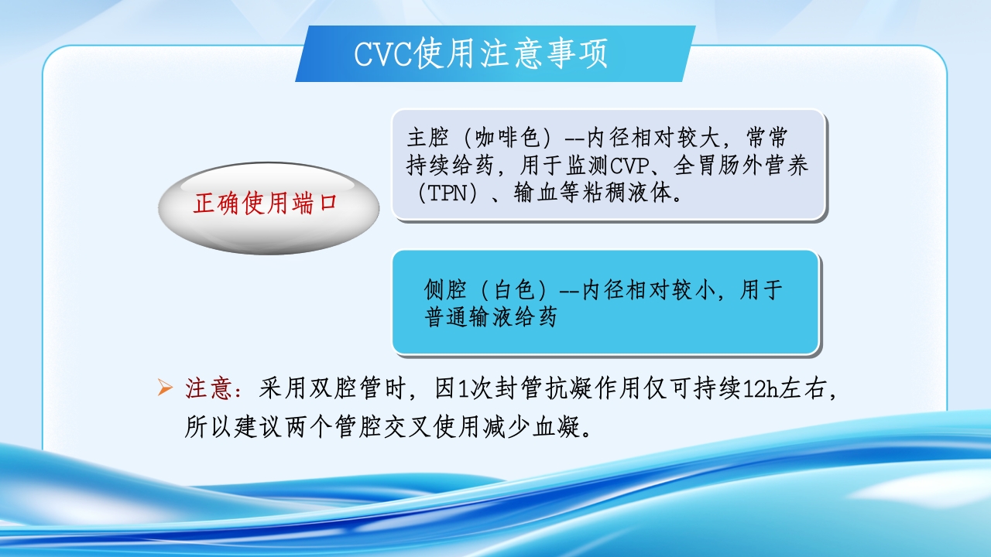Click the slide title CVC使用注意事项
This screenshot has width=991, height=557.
(481, 54)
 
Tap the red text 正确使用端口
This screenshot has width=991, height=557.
(266, 204)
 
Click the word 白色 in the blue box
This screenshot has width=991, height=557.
(515, 290)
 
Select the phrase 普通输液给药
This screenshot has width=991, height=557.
(491, 317)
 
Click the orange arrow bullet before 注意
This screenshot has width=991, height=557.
(164, 388)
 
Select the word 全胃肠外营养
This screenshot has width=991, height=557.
(741, 166)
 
